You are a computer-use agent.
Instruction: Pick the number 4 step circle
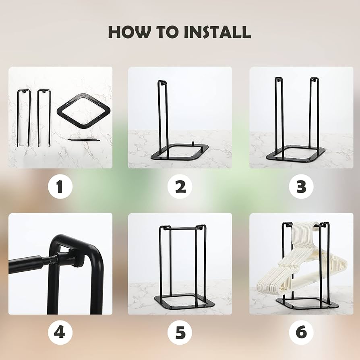60,333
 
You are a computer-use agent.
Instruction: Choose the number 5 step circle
180,333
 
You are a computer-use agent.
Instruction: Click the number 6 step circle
301,333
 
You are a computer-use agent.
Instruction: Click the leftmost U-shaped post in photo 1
24,117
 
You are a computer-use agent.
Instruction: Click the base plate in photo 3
296,155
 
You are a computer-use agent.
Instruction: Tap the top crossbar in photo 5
182,229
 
